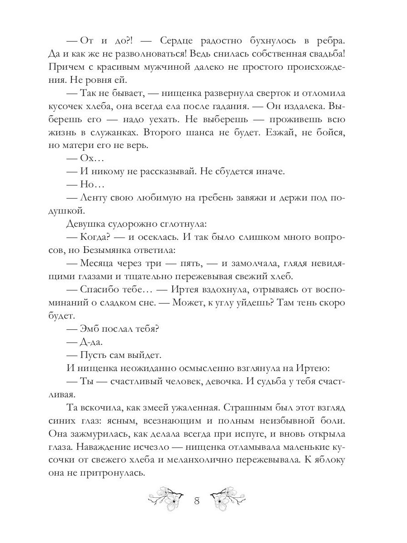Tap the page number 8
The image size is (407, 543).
tap(197, 501)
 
